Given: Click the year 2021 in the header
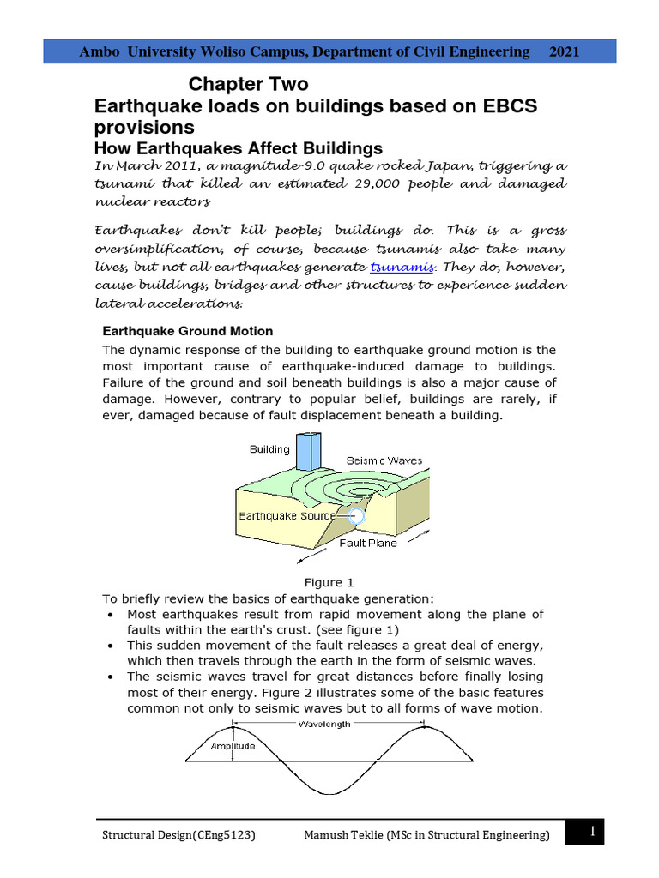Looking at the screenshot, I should (x=564, y=51).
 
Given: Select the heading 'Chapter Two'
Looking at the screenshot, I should (x=248, y=85).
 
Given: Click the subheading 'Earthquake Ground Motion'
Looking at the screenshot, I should (x=188, y=331).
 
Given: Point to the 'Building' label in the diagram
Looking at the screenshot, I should (x=269, y=448).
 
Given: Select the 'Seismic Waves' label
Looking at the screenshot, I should (x=384, y=460).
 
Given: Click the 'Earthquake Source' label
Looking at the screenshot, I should (x=286, y=516).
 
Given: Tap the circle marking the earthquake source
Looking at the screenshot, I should (x=356, y=516).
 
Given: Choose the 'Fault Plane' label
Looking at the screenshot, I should (x=368, y=543).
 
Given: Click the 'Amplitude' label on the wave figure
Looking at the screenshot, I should (x=233, y=746).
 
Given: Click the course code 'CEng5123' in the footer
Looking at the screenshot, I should (x=222, y=835).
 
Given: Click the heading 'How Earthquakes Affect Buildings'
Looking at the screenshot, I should (x=237, y=148).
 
